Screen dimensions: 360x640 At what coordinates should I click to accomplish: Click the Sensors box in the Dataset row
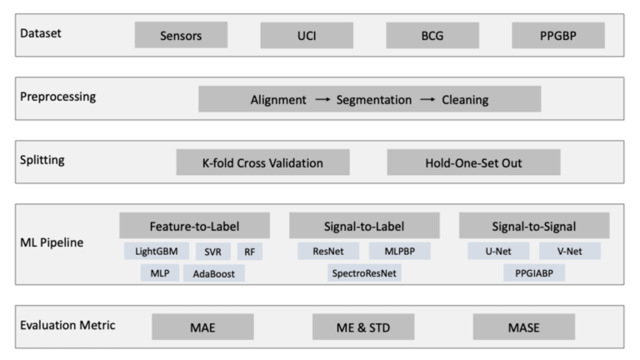(181, 36)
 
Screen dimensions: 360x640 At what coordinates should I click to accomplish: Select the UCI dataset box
(307, 36)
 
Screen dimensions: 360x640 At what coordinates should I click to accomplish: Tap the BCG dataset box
(432, 36)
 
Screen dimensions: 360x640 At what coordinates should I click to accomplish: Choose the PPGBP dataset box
(557, 36)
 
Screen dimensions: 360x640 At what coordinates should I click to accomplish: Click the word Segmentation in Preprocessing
(374, 100)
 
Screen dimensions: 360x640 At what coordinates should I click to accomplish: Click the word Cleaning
(465, 100)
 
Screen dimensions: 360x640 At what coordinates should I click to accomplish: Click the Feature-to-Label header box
(194, 226)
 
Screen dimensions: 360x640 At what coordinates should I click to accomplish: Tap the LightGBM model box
(157, 251)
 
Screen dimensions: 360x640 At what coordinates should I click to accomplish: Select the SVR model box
(213, 251)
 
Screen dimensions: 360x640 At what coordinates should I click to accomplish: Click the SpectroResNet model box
(365, 273)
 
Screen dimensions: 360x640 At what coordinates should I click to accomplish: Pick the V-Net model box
(570, 251)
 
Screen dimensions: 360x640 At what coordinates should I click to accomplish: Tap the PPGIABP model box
(534, 273)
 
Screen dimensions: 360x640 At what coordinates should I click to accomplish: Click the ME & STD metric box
(363, 327)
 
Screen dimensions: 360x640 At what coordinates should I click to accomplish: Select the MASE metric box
(523, 327)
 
